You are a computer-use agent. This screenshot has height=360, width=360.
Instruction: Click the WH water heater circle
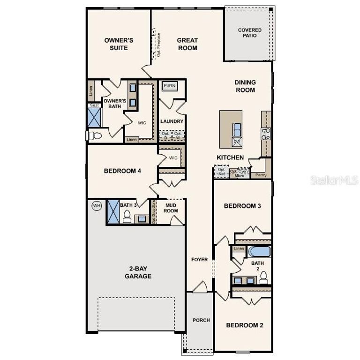point(97,206)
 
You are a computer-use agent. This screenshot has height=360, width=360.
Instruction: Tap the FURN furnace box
point(170,86)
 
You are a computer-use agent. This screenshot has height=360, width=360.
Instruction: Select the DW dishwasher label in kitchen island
point(237,141)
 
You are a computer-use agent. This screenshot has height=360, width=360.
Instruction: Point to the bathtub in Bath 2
point(259,252)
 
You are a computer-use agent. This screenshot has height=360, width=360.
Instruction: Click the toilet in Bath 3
point(127,216)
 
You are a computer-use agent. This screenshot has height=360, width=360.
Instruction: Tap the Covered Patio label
point(250,33)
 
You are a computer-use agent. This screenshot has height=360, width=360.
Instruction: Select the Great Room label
point(187,44)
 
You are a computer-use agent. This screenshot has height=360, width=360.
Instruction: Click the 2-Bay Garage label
point(138,273)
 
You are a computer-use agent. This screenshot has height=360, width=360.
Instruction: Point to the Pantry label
point(261,175)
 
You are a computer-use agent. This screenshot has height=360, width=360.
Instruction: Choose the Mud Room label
point(171,208)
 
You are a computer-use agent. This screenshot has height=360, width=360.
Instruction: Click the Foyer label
point(200,260)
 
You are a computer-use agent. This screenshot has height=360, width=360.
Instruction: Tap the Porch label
point(202,321)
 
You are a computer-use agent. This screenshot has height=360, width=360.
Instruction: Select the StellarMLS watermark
point(334,180)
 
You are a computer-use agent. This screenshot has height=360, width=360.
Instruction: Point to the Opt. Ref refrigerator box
point(221,172)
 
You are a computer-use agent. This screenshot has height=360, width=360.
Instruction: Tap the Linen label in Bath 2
point(239,248)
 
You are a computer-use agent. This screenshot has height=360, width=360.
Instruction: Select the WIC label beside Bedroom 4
point(173,157)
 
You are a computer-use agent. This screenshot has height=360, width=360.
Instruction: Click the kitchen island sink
point(237,127)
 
